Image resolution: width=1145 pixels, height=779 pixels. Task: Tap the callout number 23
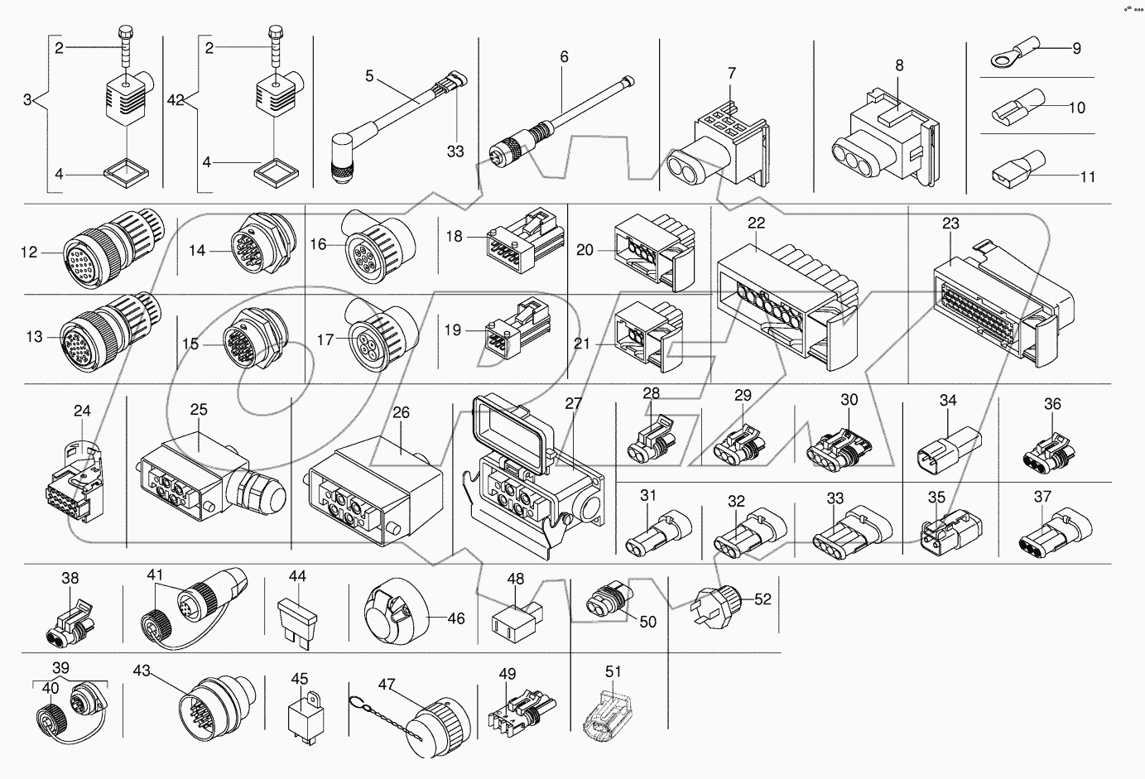coord(950,223)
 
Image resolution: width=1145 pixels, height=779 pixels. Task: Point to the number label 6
coord(564,57)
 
